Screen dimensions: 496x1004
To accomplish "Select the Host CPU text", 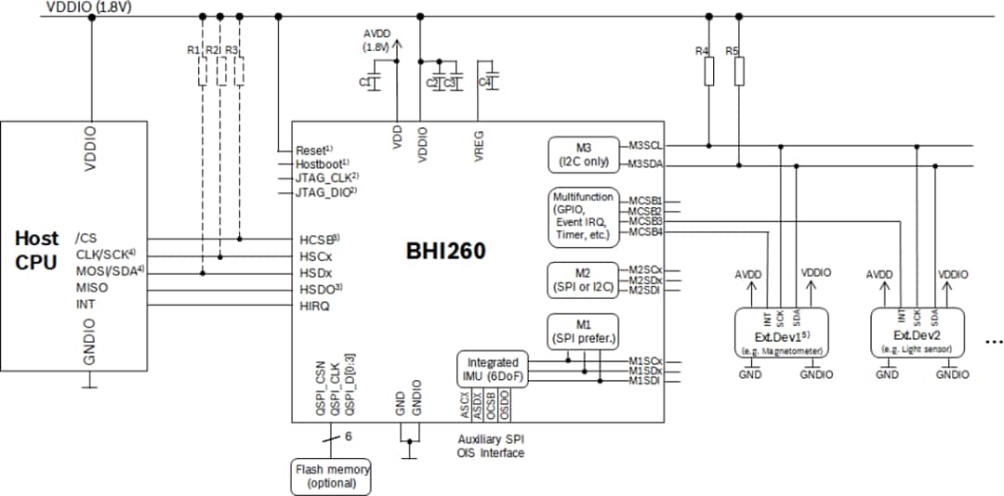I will pos(37,250).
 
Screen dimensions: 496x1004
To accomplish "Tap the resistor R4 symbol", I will pos(709,72).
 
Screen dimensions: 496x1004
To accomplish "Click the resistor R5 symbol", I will pos(739,72).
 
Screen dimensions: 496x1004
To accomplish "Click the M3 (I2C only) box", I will pos(583,153).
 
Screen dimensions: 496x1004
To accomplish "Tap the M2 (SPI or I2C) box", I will pos(583,279).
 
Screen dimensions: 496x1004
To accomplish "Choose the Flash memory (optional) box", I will pos(332,476).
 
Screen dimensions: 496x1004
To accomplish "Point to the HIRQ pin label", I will pos(313,304).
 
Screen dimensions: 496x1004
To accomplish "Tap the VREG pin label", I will pos(480,147).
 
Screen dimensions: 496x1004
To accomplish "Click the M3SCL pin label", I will pos(644,145).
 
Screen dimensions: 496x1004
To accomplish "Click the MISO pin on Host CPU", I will pos(91,288).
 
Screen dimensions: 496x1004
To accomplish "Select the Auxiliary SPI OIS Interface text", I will pos(491,446).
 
